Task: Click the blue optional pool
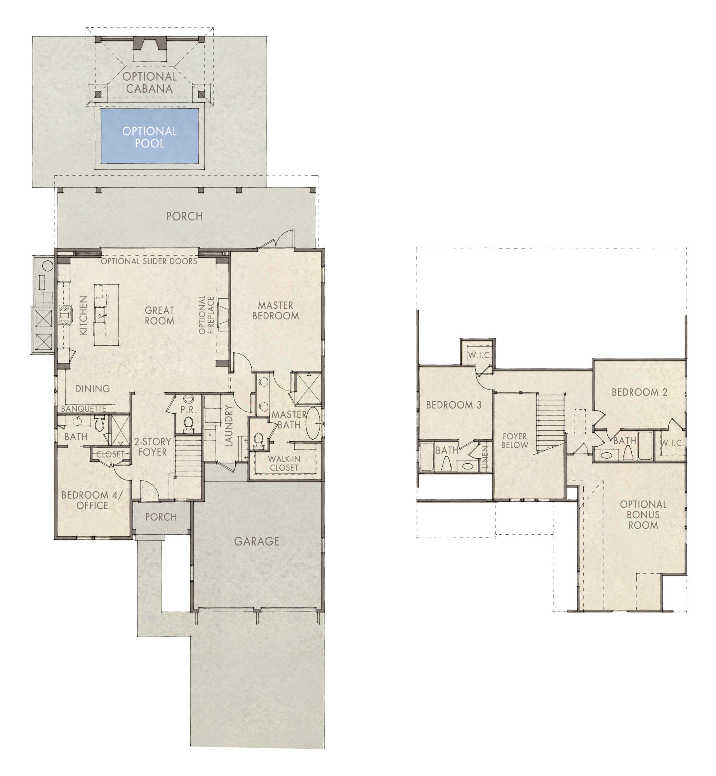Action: (x=149, y=136)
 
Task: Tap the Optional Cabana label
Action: (x=149, y=82)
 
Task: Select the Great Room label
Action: (x=159, y=315)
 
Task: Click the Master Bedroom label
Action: (x=275, y=310)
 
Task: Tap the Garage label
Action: (x=257, y=541)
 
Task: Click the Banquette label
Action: (x=83, y=409)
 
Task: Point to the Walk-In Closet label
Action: (x=284, y=463)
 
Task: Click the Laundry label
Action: (x=229, y=426)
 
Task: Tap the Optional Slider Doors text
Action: (x=149, y=261)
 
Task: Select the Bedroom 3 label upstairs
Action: (x=454, y=405)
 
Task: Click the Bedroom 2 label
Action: (x=639, y=392)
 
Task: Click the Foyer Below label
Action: (x=514, y=441)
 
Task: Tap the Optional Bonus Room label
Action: (x=643, y=514)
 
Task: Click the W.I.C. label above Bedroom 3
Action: (x=480, y=355)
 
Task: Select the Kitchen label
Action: (x=83, y=315)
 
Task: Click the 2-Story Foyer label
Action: (x=153, y=447)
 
